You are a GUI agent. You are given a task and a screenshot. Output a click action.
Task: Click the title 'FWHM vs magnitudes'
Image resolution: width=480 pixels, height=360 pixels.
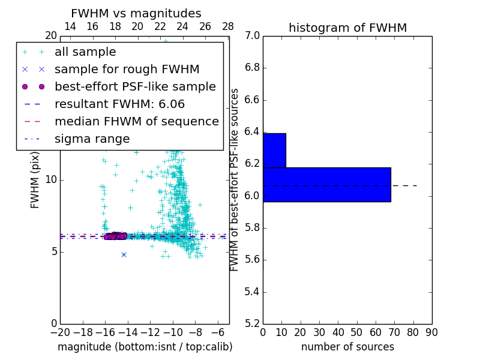coord(136,14)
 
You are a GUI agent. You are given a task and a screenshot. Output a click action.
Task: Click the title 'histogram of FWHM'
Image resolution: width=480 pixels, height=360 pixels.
coord(347,28)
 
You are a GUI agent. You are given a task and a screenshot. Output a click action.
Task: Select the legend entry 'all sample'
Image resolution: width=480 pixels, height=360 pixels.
coord(85,52)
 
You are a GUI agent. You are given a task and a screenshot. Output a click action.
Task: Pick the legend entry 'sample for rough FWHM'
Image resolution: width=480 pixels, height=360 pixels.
coord(127,69)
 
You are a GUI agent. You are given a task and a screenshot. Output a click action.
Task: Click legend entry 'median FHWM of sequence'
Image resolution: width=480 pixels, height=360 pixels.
coord(136,121)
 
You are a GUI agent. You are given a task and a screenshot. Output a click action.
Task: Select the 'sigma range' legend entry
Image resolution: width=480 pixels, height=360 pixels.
coord(92,139)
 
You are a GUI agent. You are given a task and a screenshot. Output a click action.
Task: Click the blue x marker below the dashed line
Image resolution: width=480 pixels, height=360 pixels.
coord(124,254)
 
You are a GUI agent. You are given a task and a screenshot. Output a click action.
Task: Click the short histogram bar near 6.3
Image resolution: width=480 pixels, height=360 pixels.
coord(274,150)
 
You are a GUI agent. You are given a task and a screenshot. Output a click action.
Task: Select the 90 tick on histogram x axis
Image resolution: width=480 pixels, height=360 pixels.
coord(431,332)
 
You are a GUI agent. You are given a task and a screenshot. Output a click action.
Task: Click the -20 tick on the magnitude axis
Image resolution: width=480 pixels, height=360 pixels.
coord(60,332)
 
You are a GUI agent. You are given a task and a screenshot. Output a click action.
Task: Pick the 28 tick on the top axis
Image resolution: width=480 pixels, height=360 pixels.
coord(228,26)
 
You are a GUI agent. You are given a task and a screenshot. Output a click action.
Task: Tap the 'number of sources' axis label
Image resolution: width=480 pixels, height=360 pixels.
coord(347,347)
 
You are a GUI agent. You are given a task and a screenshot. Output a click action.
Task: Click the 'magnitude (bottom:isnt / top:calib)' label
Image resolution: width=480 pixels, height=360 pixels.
coord(145,347)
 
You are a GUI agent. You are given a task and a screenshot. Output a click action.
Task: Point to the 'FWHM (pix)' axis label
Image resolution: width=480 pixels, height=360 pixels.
coord(35,179)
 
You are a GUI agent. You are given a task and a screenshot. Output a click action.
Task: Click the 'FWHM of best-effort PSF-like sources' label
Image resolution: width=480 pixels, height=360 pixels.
coord(235,179)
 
